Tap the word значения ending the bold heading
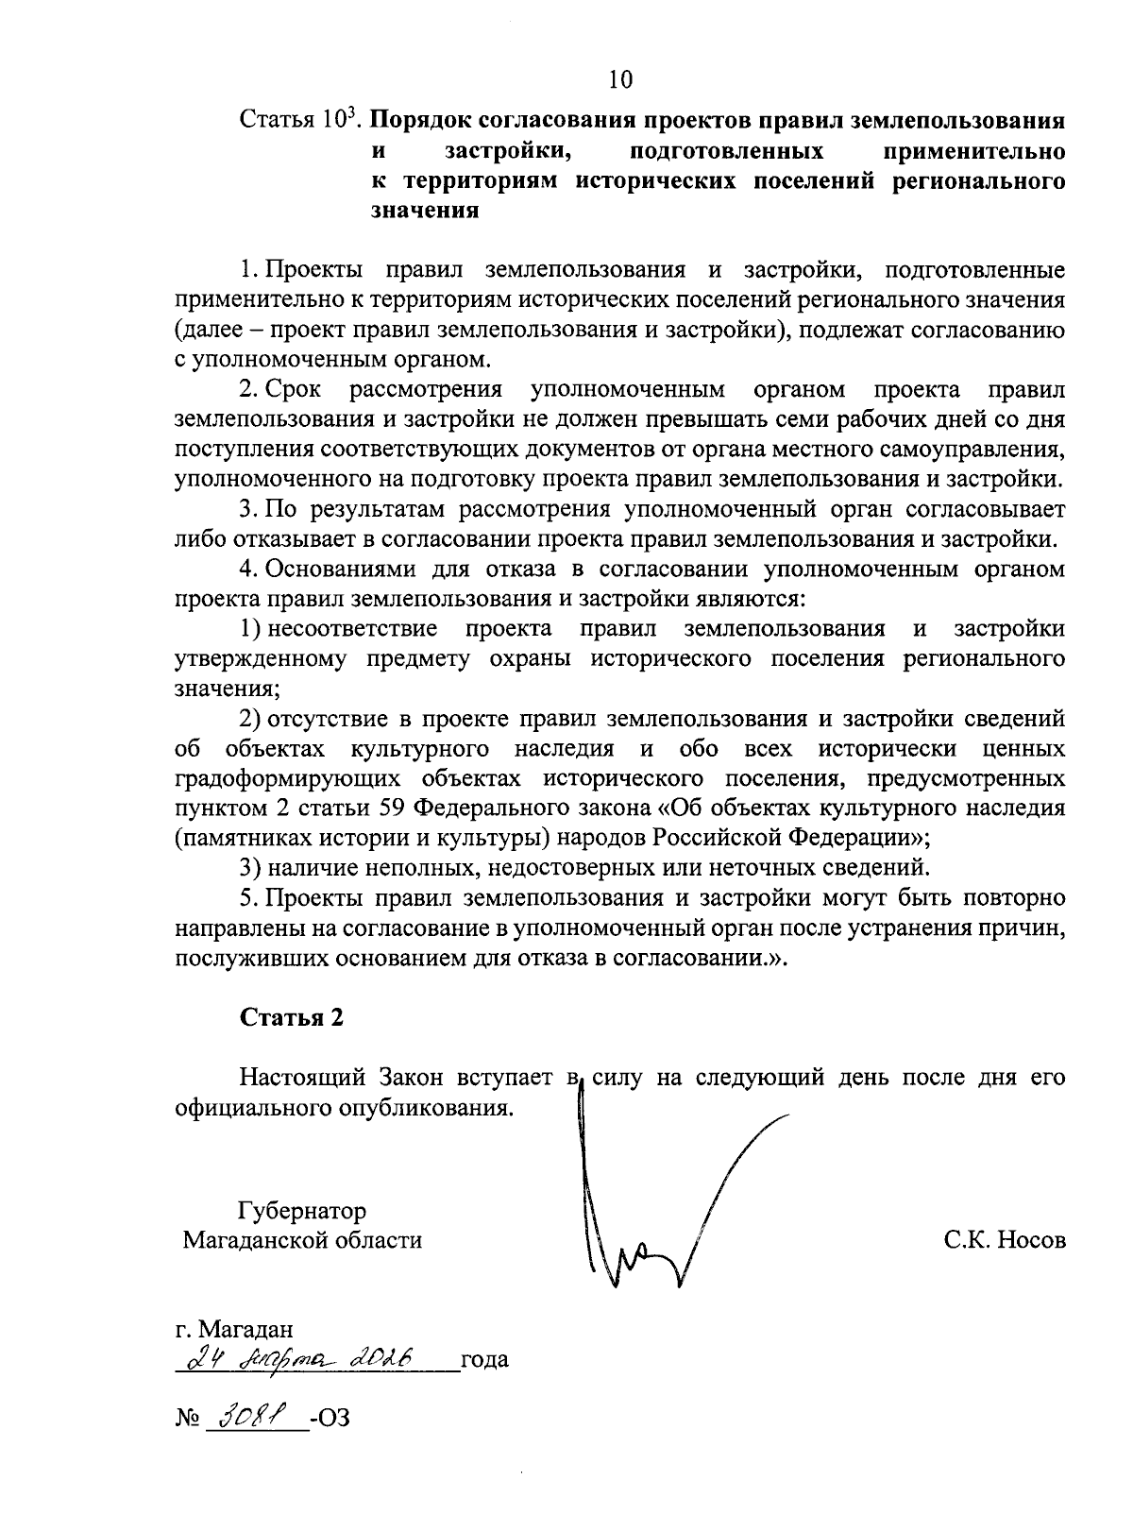tap(424, 210)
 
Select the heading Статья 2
tap(292, 1017)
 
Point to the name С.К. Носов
tap(1005, 1239)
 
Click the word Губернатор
tap(302, 1210)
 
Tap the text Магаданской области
tap(302, 1239)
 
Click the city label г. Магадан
tap(235, 1330)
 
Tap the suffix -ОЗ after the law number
tap(330, 1419)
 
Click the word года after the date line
tap(483, 1360)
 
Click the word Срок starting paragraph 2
tap(294, 389)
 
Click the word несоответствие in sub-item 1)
tap(351, 629)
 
